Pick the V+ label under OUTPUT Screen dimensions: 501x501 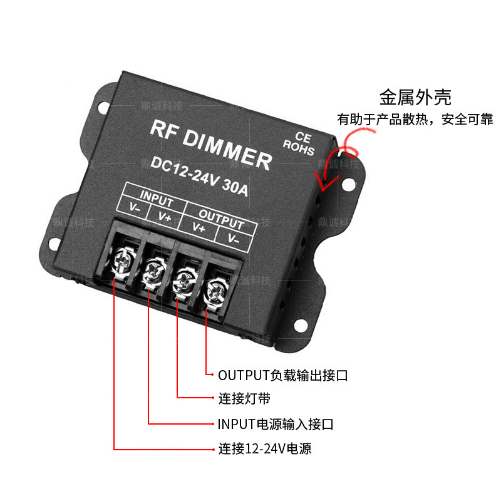pos(199,227)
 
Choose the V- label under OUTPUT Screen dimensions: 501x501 pos(234,237)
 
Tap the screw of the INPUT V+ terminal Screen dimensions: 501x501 pos(153,269)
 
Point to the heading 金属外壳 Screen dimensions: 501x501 pos(415,97)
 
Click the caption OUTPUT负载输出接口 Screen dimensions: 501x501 pos(282,376)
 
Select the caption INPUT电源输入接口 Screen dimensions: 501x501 pos(275,424)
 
